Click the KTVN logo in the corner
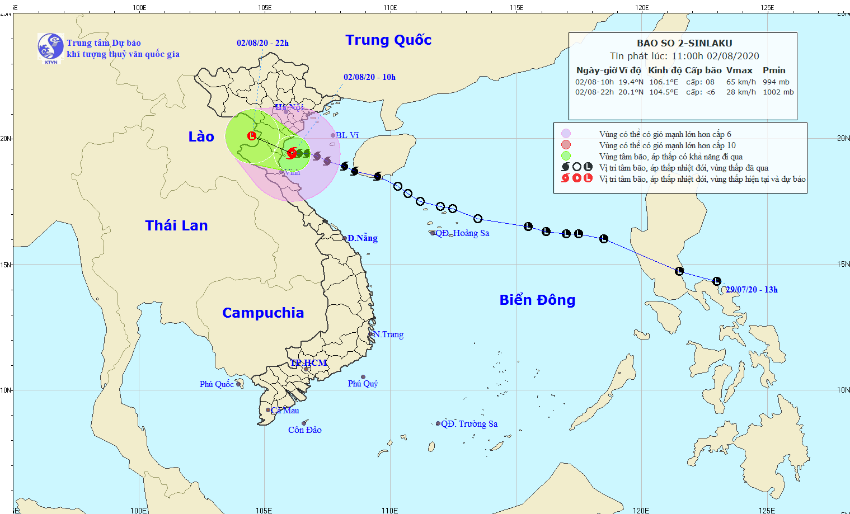click(x=50, y=47)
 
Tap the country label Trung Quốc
click(x=388, y=40)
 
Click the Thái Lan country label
click(x=176, y=225)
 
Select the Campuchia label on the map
click(x=263, y=313)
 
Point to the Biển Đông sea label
click(x=537, y=300)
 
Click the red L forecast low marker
click(x=252, y=135)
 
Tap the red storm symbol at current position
click(x=292, y=153)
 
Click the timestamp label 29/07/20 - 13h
click(x=752, y=290)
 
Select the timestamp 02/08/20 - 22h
click(x=262, y=43)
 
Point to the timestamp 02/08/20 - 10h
click(x=369, y=77)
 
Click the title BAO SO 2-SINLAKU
click(x=684, y=43)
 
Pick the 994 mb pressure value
click(x=776, y=82)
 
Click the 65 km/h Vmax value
click(x=741, y=82)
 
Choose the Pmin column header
click(x=774, y=70)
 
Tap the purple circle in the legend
click(x=566, y=134)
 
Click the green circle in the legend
click(x=566, y=156)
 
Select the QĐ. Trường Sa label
click(x=469, y=424)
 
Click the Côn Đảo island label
click(x=305, y=430)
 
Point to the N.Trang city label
click(x=388, y=334)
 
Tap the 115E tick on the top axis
click(x=516, y=8)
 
